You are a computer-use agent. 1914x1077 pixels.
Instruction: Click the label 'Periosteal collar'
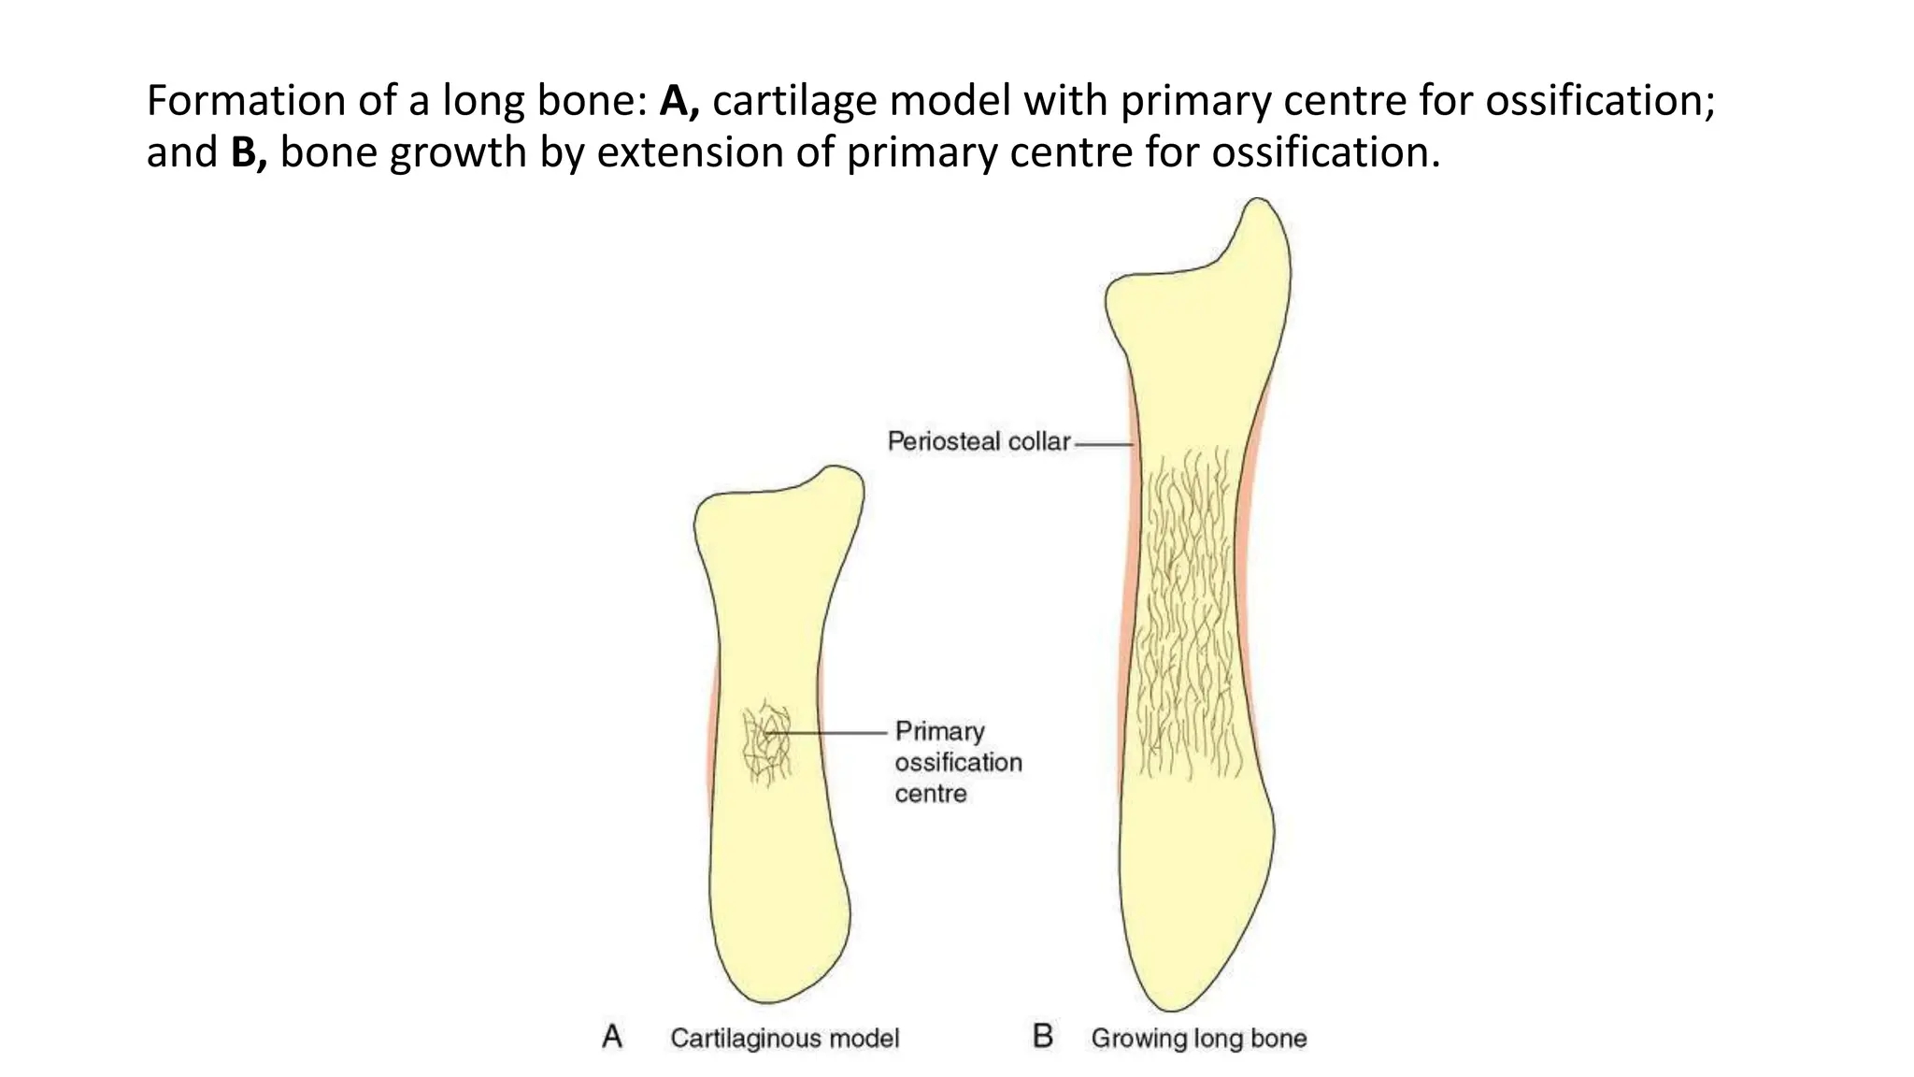(x=978, y=441)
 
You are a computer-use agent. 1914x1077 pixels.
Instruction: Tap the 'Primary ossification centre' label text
(x=958, y=762)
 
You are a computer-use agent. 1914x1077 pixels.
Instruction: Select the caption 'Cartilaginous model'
(x=784, y=1038)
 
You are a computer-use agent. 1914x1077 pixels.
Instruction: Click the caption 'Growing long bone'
(x=1198, y=1038)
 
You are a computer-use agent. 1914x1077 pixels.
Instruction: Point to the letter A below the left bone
(x=612, y=1037)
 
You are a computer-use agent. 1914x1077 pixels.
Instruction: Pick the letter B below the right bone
(x=1042, y=1037)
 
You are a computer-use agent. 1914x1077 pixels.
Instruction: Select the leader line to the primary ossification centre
(x=832, y=733)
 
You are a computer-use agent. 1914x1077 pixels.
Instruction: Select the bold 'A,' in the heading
(x=679, y=101)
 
